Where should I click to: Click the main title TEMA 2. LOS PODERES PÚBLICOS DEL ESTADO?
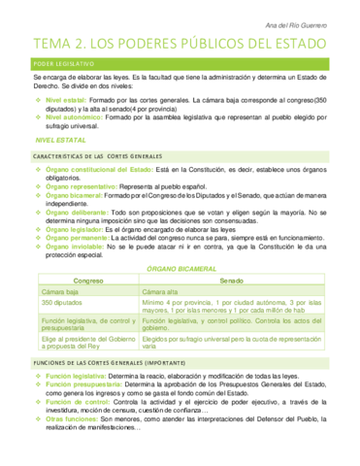[x=180, y=42]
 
